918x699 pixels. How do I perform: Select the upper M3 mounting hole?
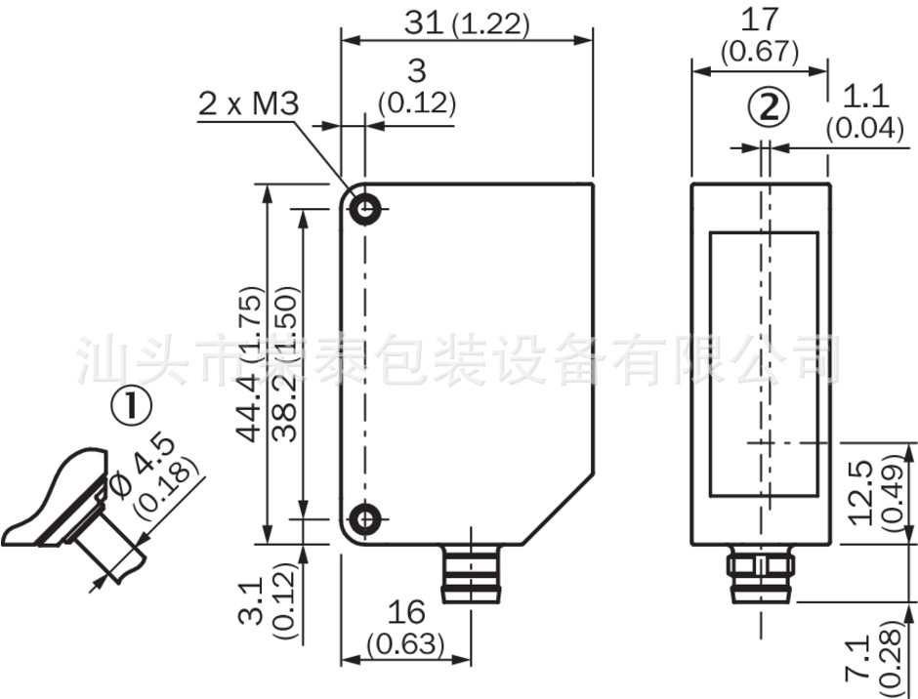coord(366,209)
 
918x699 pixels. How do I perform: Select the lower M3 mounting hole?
coord(366,519)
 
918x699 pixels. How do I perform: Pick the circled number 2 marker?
coord(769,108)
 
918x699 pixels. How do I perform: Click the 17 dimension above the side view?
coord(759,20)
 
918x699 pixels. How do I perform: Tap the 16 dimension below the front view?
coord(405,612)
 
